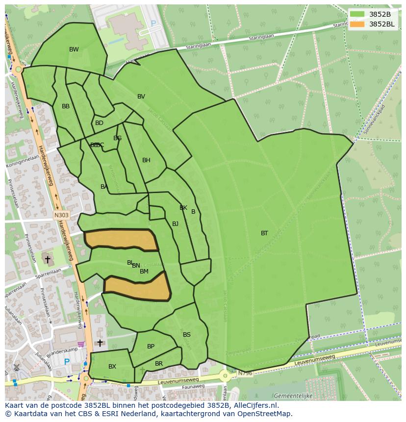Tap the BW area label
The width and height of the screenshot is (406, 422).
[74, 50]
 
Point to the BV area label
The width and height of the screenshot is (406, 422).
[141, 97]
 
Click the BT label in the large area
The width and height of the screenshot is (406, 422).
[264, 233]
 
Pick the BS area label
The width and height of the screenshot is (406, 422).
[187, 335]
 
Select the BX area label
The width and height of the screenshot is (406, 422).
[112, 367]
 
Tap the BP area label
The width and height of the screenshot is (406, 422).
[151, 347]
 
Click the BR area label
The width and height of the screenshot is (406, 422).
[159, 364]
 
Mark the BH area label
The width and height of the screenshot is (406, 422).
[146, 160]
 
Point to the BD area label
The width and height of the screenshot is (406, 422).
[99, 123]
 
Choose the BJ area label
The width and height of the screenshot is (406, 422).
[175, 224]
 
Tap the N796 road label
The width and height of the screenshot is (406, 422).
[244, 374]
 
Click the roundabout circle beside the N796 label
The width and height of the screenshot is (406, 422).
[225, 376]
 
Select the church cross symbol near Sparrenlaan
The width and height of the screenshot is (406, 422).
[48, 259]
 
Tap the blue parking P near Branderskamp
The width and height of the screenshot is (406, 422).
[67, 362]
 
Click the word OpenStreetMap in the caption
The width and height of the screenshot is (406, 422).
[267, 414]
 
